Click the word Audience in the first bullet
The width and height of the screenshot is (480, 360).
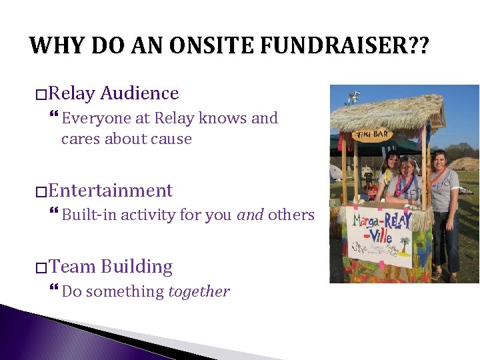tap(139, 93)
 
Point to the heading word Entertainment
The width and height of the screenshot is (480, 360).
tap(111, 191)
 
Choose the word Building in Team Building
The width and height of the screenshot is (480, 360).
tap(137, 267)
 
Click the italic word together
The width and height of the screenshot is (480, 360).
tap(199, 291)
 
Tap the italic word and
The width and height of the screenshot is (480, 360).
tap(250, 215)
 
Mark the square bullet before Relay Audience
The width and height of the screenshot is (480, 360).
tap(41, 94)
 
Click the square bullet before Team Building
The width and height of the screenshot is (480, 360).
tap(41, 267)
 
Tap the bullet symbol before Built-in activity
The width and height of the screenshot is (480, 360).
tap(54, 215)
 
